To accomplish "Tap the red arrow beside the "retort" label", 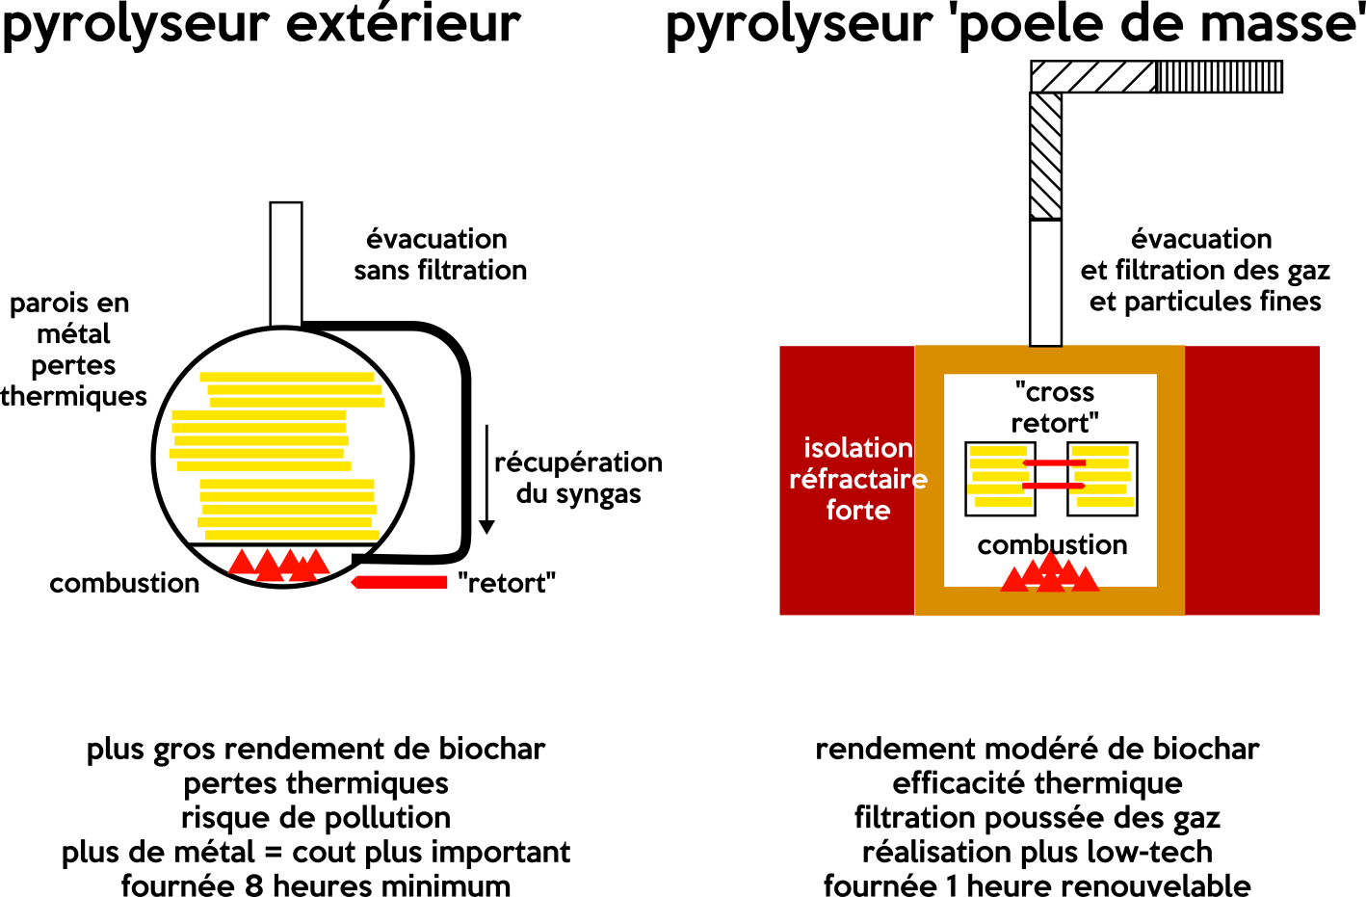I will point(399,582).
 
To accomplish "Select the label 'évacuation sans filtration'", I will point(440,254).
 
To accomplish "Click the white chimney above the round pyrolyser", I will point(286,262).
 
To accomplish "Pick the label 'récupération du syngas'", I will point(578,478).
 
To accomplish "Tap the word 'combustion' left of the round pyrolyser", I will point(124,583).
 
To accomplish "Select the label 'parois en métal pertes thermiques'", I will point(73,349).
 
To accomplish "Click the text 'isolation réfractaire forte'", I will point(857,479).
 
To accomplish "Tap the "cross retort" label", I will point(1055,408).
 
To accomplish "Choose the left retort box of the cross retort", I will point(1000,479).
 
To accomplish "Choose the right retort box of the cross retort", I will point(1103,479).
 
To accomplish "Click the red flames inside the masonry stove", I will point(1050,574).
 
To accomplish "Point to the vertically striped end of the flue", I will point(1220,77).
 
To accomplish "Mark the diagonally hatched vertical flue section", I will point(1046,156).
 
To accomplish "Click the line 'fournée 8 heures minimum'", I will point(316,885).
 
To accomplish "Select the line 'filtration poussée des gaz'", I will point(1038,818).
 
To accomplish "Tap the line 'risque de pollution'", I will point(316,818).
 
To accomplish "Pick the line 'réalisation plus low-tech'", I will point(1038,852).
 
